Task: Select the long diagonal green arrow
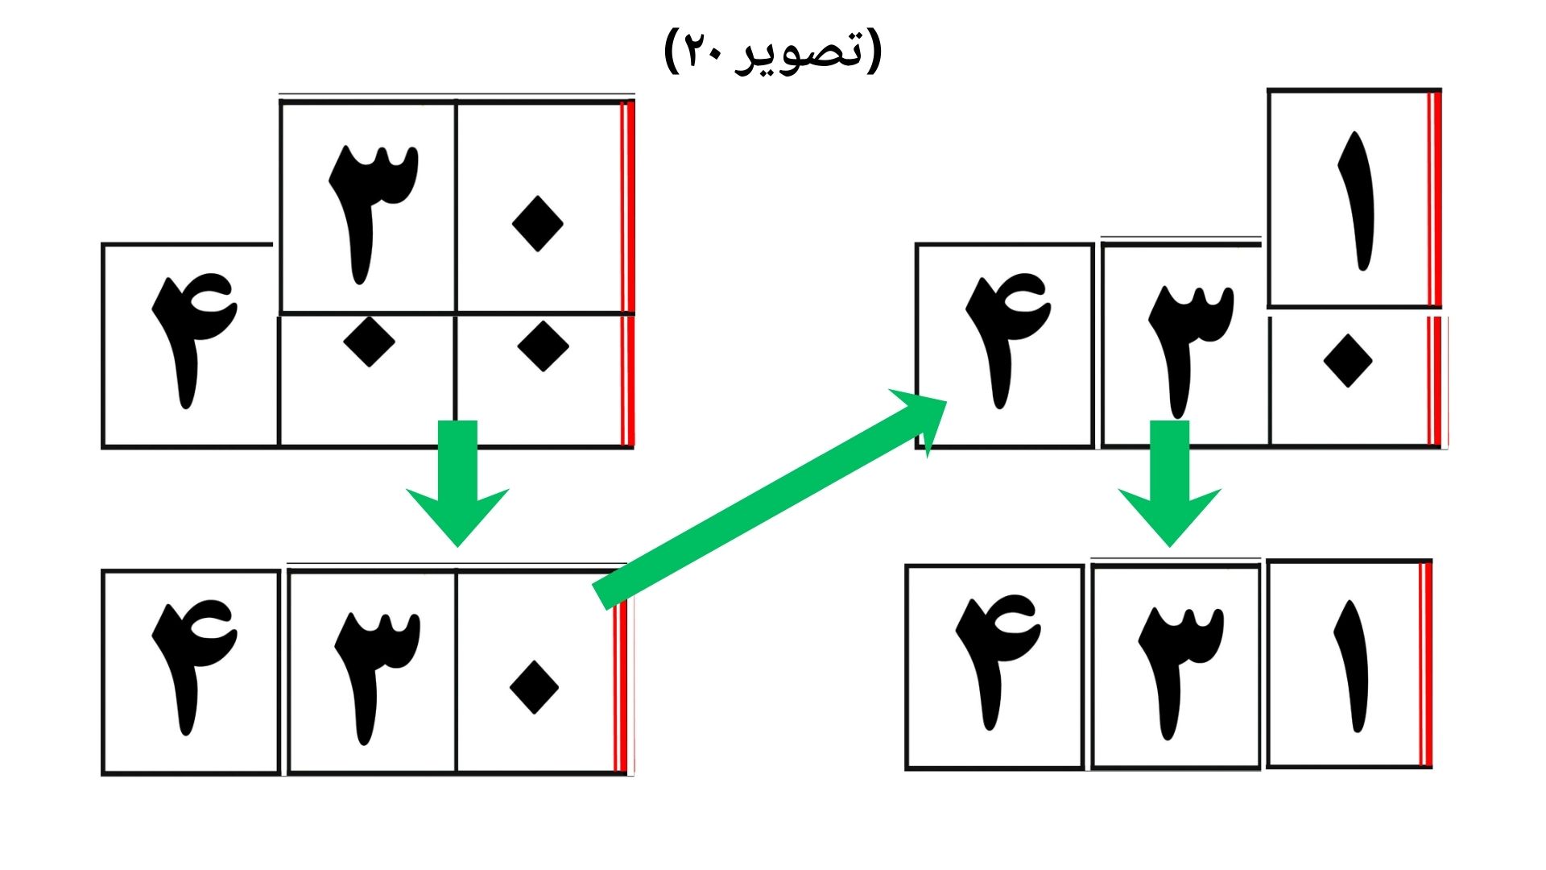pyautogui.click(x=771, y=499)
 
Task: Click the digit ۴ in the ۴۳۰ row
pyautogui.click(x=194, y=667)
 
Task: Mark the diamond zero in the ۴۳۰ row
pyautogui.click(x=535, y=687)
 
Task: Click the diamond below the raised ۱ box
pyautogui.click(x=1348, y=361)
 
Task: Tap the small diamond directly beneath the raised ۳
pyautogui.click(x=369, y=341)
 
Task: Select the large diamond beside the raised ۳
pyautogui.click(x=537, y=224)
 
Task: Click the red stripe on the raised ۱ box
pyautogui.click(x=1434, y=199)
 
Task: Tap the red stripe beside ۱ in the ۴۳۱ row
pyautogui.click(x=1425, y=664)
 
